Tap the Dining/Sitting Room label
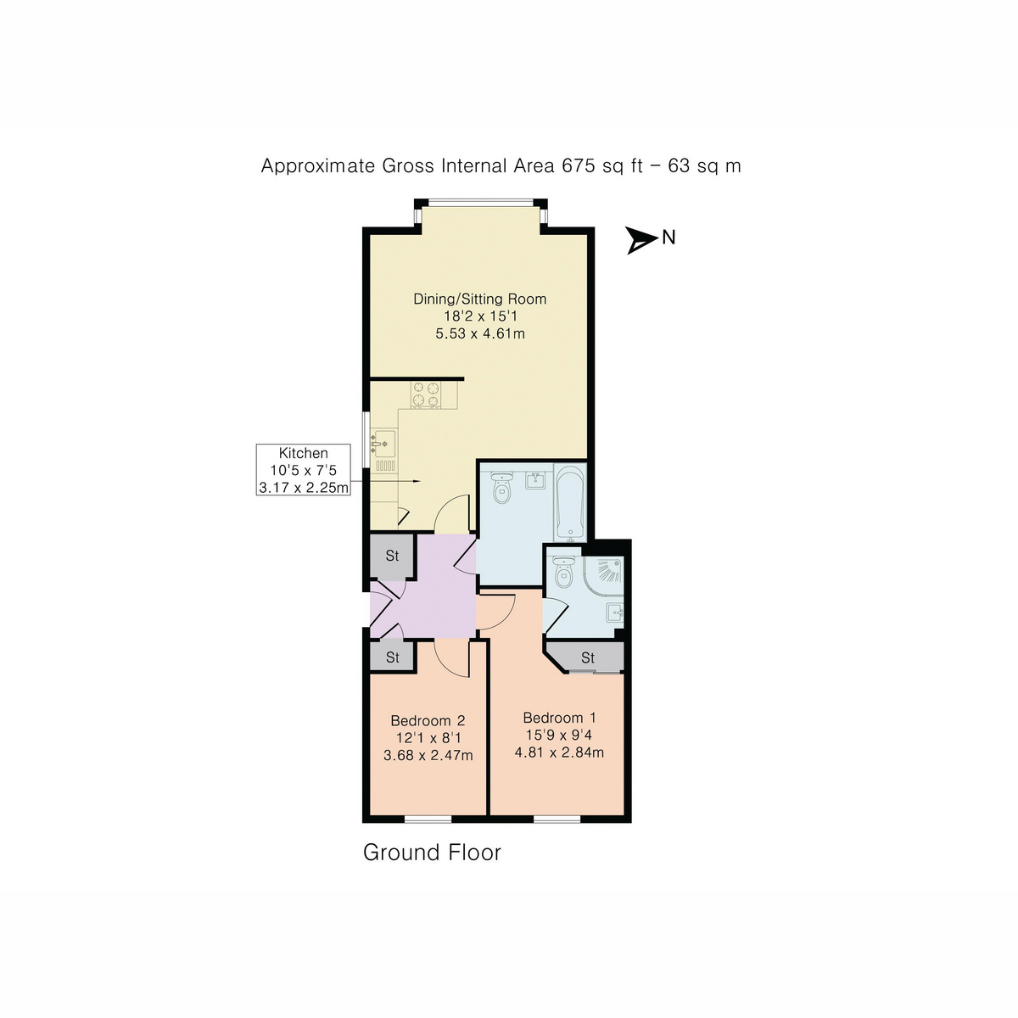pyautogui.click(x=479, y=299)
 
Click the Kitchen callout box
pyautogui.click(x=303, y=469)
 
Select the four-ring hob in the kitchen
pyautogui.click(x=426, y=394)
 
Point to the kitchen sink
pyautogui.click(x=383, y=442)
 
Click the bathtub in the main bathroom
pyautogui.click(x=569, y=502)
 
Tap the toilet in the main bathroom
pyautogui.click(x=501, y=487)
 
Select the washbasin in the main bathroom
pyautogui.click(x=534, y=480)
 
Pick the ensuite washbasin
pyautogui.click(x=614, y=612)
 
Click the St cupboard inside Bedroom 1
pyautogui.click(x=587, y=657)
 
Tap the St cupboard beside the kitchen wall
pyautogui.click(x=391, y=556)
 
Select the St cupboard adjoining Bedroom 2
pyautogui.click(x=392, y=657)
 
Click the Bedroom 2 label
pyautogui.click(x=428, y=720)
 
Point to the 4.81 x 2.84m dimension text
pyautogui.click(x=559, y=752)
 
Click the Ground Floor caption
pyautogui.click(x=432, y=853)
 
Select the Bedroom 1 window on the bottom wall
pyautogui.click(x=557, y=819)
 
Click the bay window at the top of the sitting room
pyautogui.click(x=480, y=203)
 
